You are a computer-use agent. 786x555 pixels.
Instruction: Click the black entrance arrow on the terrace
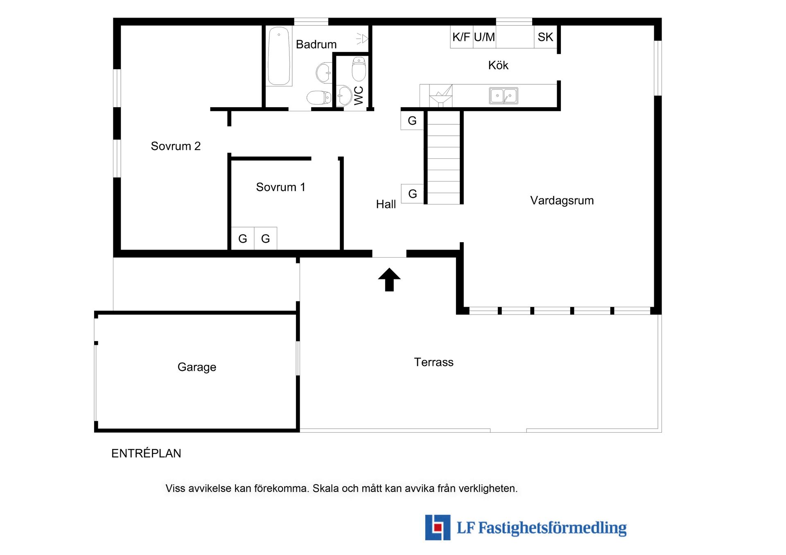click(x=389, y=280)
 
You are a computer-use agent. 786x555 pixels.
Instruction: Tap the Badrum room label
click(x=316, y=44)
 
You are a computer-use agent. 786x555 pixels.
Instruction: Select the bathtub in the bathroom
click(x=279, y=56)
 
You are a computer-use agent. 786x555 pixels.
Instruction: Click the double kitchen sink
click(x=504, y=96)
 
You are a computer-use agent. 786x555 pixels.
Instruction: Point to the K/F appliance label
click(x=461, y=37)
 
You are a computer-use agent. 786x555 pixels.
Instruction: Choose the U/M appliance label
click(x=484, y=37)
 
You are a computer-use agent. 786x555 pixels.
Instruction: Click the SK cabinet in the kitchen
click(x=545, y=37)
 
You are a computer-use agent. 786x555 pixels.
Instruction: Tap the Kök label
click(x=498, y=65)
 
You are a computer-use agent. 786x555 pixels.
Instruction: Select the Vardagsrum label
click(x=562, y=200)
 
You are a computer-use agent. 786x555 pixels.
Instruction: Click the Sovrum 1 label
click(x=280, y=187)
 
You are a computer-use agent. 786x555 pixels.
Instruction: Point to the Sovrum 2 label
click(x=176, y=146)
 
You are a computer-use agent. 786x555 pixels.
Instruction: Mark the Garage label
click(x=196, y=367)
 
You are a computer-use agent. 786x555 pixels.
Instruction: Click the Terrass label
click(x=434, y=362)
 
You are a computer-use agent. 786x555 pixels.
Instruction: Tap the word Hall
click(x=386, y=204)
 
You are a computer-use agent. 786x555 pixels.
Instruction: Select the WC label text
click(x=359, y=95)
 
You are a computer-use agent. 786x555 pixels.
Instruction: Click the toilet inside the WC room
click(x=359, y=69)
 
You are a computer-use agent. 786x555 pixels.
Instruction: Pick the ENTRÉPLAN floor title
click(x=146, y=453)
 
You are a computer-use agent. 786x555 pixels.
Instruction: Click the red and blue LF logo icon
click(x=438, y=527)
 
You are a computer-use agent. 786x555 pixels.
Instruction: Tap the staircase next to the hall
click(x=444, y=157)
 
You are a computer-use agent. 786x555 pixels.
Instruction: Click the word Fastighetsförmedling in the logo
click(x=552, y=528)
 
